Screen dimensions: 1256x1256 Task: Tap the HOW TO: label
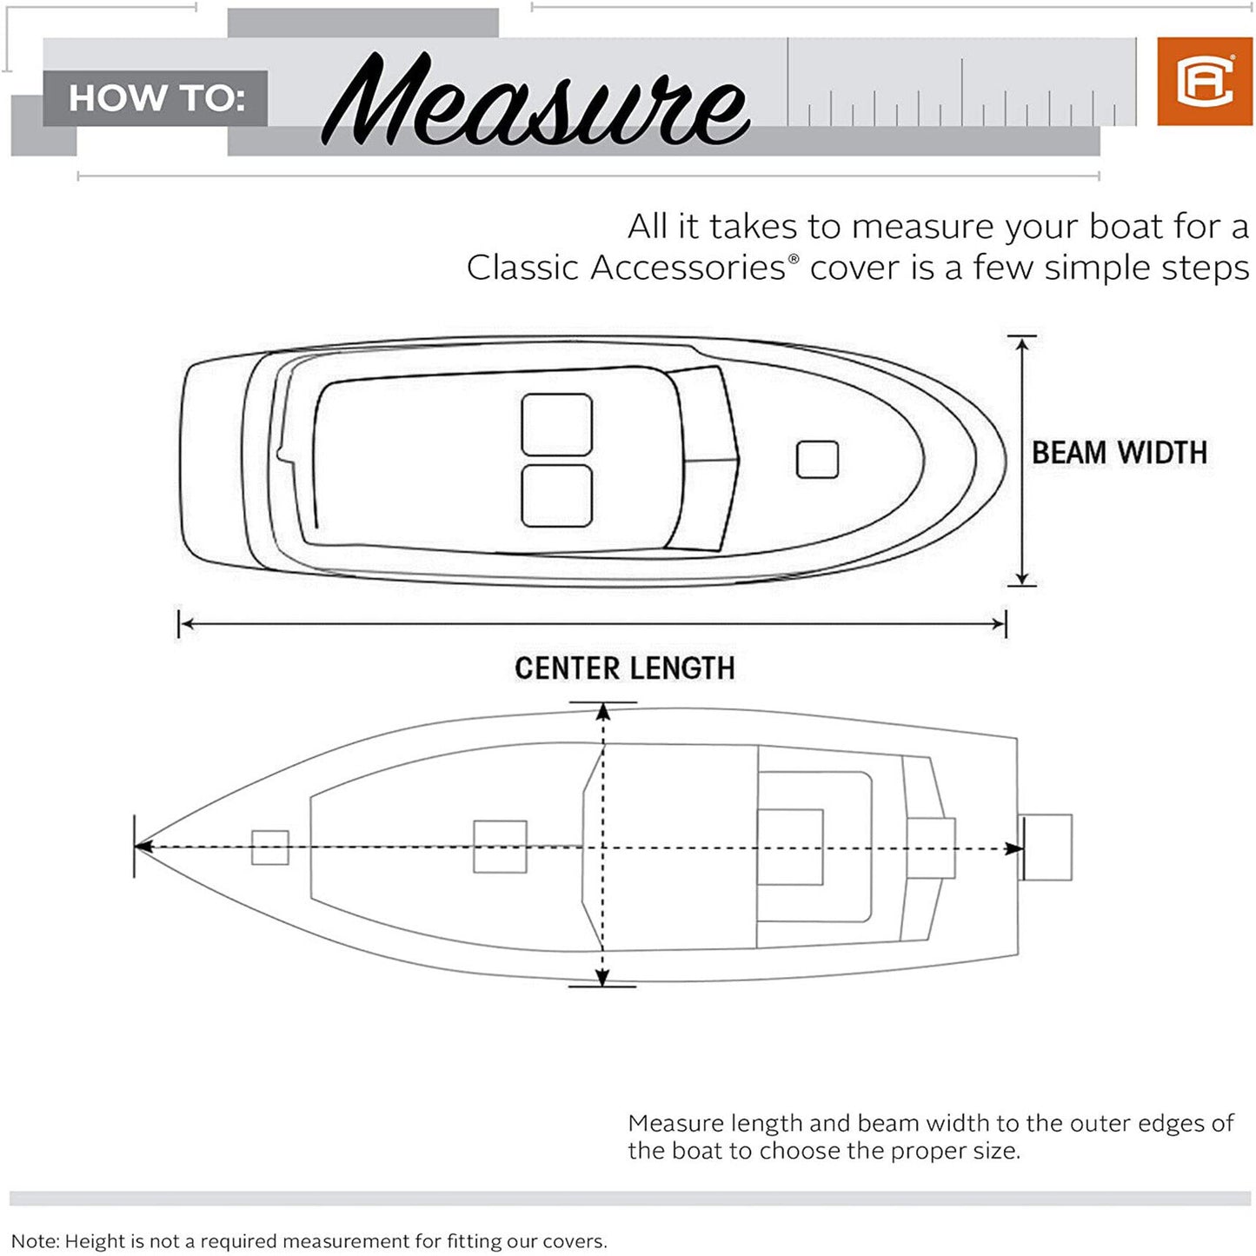[x=156, y=98]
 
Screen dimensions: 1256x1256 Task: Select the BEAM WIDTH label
[x=1119, y=453]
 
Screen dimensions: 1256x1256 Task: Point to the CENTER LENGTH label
[x=624, y=668]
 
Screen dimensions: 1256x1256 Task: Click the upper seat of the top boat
[x=556, y=424]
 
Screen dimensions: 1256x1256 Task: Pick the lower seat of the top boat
[x=556, y=496]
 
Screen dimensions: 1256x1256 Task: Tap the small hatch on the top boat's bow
[x=817, y=460]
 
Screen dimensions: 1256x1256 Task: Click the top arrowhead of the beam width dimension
[x=1022, y=345]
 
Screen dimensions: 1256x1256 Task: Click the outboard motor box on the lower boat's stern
[x=1046, y=847]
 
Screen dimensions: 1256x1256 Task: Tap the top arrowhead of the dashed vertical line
[x=602, y=713]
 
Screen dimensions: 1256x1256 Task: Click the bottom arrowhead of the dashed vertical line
[x=602, y=977]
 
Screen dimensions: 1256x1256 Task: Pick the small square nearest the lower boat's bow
[x=270, y=847]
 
